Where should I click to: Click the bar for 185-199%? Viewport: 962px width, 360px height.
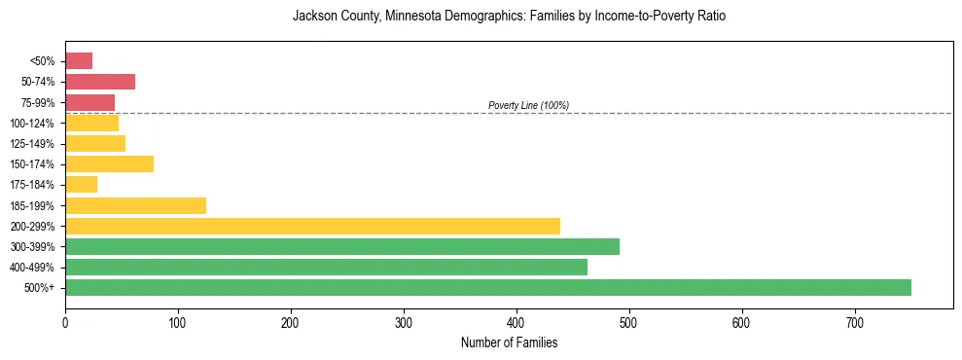click(x=135, y=205)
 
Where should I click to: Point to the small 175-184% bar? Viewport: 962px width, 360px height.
click(x=81, y=185)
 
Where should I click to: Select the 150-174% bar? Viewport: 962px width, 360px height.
click(x=109, y=163)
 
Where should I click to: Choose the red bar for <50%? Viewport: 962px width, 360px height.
click(x=79, y=61)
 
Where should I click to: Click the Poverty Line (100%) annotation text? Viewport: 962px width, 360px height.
click(x=528, y=105)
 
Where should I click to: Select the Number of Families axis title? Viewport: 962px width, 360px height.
click(x=509, y=342)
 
